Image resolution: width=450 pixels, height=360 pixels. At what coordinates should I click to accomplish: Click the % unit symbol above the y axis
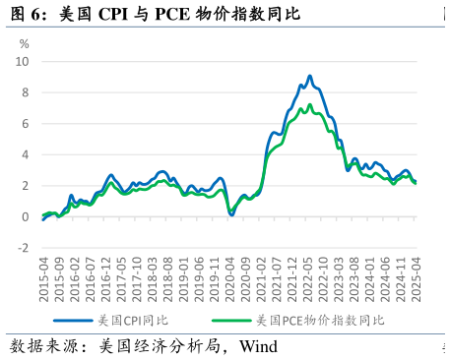[25, 44]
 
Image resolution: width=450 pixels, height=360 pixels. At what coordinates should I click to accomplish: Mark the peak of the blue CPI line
[309, 76]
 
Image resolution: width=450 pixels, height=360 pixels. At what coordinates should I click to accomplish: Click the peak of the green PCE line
[310, 104]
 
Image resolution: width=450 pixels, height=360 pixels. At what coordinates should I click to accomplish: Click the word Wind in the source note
[258, 346]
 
